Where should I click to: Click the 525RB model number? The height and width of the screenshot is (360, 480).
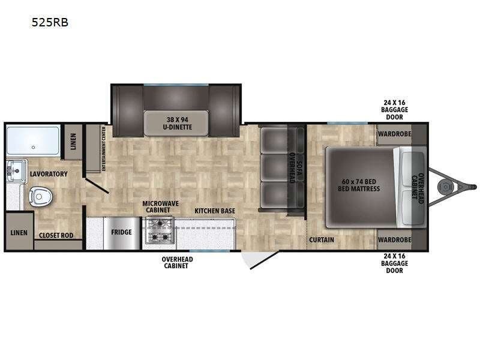50,22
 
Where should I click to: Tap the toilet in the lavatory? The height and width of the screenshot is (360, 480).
40,197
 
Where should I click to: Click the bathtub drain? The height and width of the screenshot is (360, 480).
33,147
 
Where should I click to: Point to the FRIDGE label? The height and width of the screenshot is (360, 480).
121,232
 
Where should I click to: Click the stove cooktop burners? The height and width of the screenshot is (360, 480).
159,230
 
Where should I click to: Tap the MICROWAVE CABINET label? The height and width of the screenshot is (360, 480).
160,206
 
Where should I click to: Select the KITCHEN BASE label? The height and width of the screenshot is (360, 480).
215,211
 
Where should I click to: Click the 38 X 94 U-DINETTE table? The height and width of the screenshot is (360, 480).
176,123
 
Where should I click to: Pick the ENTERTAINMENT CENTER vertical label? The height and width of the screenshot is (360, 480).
103,148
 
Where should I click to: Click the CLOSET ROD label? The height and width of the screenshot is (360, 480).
56,235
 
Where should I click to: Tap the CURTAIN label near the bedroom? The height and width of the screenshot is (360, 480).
322,239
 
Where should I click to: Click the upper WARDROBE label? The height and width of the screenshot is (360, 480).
395,134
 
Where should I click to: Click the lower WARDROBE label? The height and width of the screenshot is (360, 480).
395,239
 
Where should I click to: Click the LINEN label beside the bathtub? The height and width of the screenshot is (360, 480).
73,142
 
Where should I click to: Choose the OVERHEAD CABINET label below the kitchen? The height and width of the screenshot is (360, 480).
177,262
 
